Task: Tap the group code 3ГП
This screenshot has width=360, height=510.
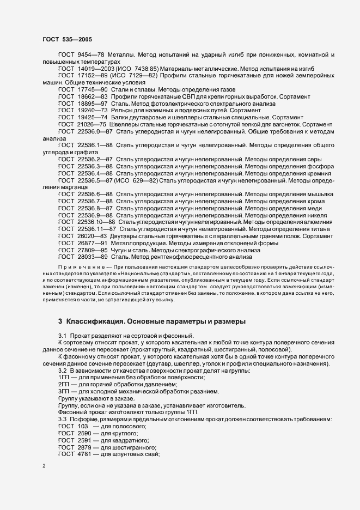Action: click(x=64, y=392)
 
